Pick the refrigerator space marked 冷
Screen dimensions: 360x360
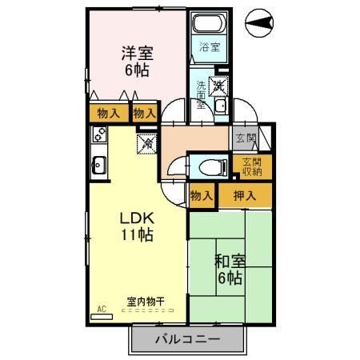point(147,145)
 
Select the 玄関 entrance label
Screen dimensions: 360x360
point(244,138)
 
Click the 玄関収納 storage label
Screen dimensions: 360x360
point(255,166)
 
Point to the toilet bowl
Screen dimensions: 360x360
point(210,166)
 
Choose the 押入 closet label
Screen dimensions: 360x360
point(244,194)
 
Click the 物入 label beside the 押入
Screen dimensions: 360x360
point(201,194)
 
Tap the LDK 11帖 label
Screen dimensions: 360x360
point(136,226)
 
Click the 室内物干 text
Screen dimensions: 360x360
point(145,302)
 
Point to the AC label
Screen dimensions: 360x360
point(102,307)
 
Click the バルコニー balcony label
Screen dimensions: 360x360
point(186,339)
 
